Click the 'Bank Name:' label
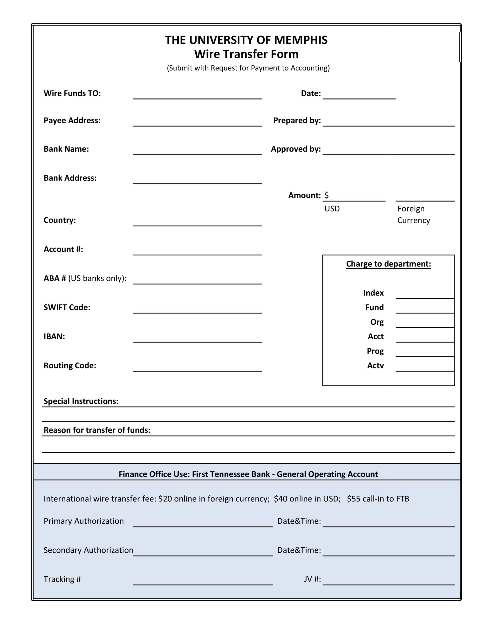pyautogui.click(x=66, y=149)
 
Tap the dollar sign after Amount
pyautogui.click(x=326, y=195)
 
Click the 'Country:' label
pyautogui.click(x=60, y=220)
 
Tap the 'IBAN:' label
pyautogui.click(x=54, y=336)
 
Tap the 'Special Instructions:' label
pyautogui.click(x=81, y=401)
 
